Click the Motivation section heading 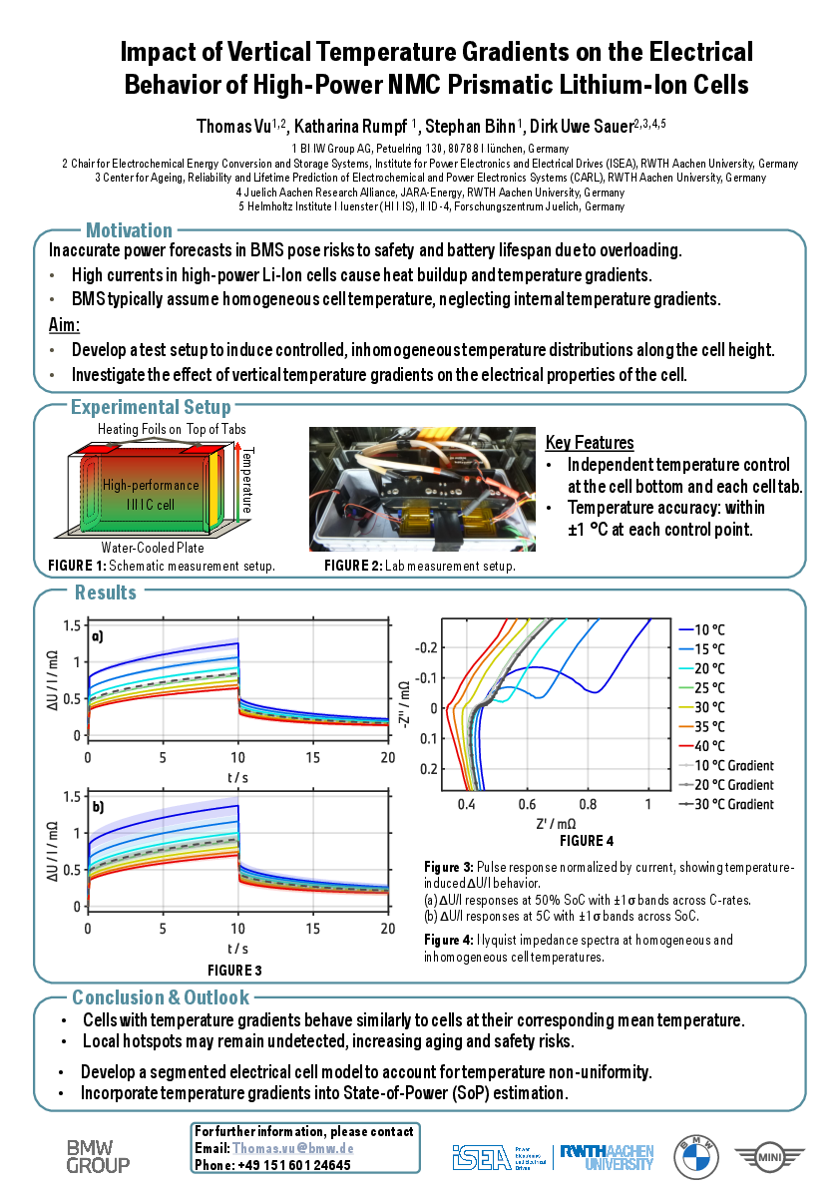click(129, 230)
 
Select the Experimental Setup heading click(151, 407)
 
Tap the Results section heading click(106, 593)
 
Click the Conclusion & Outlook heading click(161, 997)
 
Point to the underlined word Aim click(63, 325)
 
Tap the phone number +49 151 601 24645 click(294, 1164)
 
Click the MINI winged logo click(769, 1157)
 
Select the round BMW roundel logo click(695, 1157)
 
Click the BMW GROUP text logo click(98, 1156)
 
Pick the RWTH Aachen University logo click(607, 1157)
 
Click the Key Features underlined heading click(590, 443)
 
